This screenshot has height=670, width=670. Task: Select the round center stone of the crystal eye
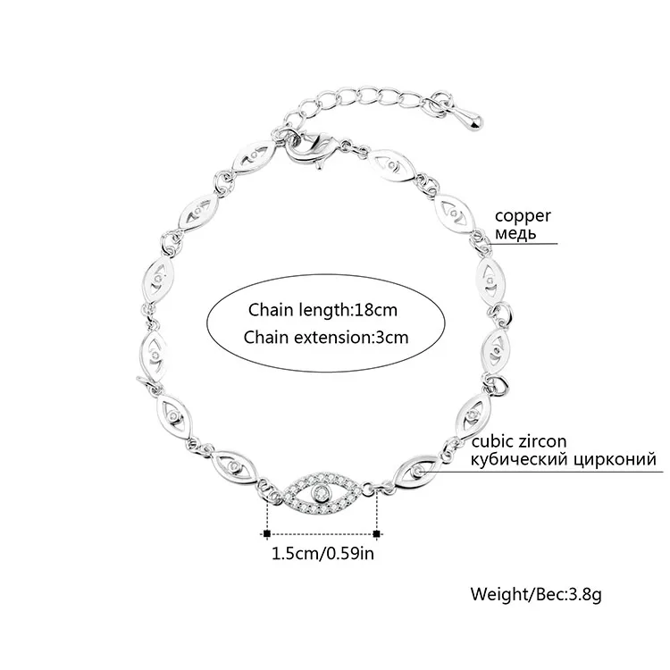point(322,492)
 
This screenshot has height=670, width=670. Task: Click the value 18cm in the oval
point(372,310)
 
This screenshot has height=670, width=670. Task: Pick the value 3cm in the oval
point(388,337)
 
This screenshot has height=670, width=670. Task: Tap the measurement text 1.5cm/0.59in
point(322,553)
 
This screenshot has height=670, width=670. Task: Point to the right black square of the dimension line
point(378,533)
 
